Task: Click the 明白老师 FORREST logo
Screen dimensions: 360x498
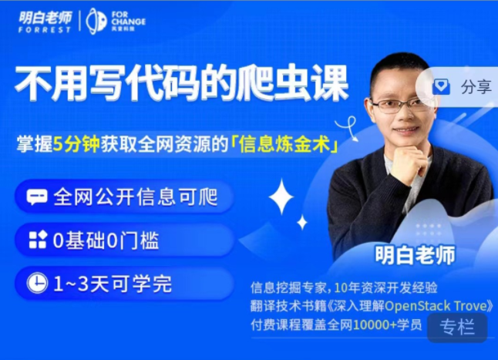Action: tap(45, 21)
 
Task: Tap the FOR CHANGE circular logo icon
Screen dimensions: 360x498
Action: tap(96, 21)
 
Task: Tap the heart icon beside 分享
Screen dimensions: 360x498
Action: tap(441, 86)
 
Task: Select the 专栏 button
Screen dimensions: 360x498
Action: tap(456, 327)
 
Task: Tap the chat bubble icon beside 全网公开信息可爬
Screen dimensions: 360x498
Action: tap(36, 197)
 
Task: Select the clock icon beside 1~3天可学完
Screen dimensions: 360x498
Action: tap(36, 283)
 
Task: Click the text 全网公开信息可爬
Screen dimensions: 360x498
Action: tap(136, 197)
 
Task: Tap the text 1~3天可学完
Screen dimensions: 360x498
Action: tap(113, 283)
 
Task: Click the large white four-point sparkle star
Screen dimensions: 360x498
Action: tap(281, 196)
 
